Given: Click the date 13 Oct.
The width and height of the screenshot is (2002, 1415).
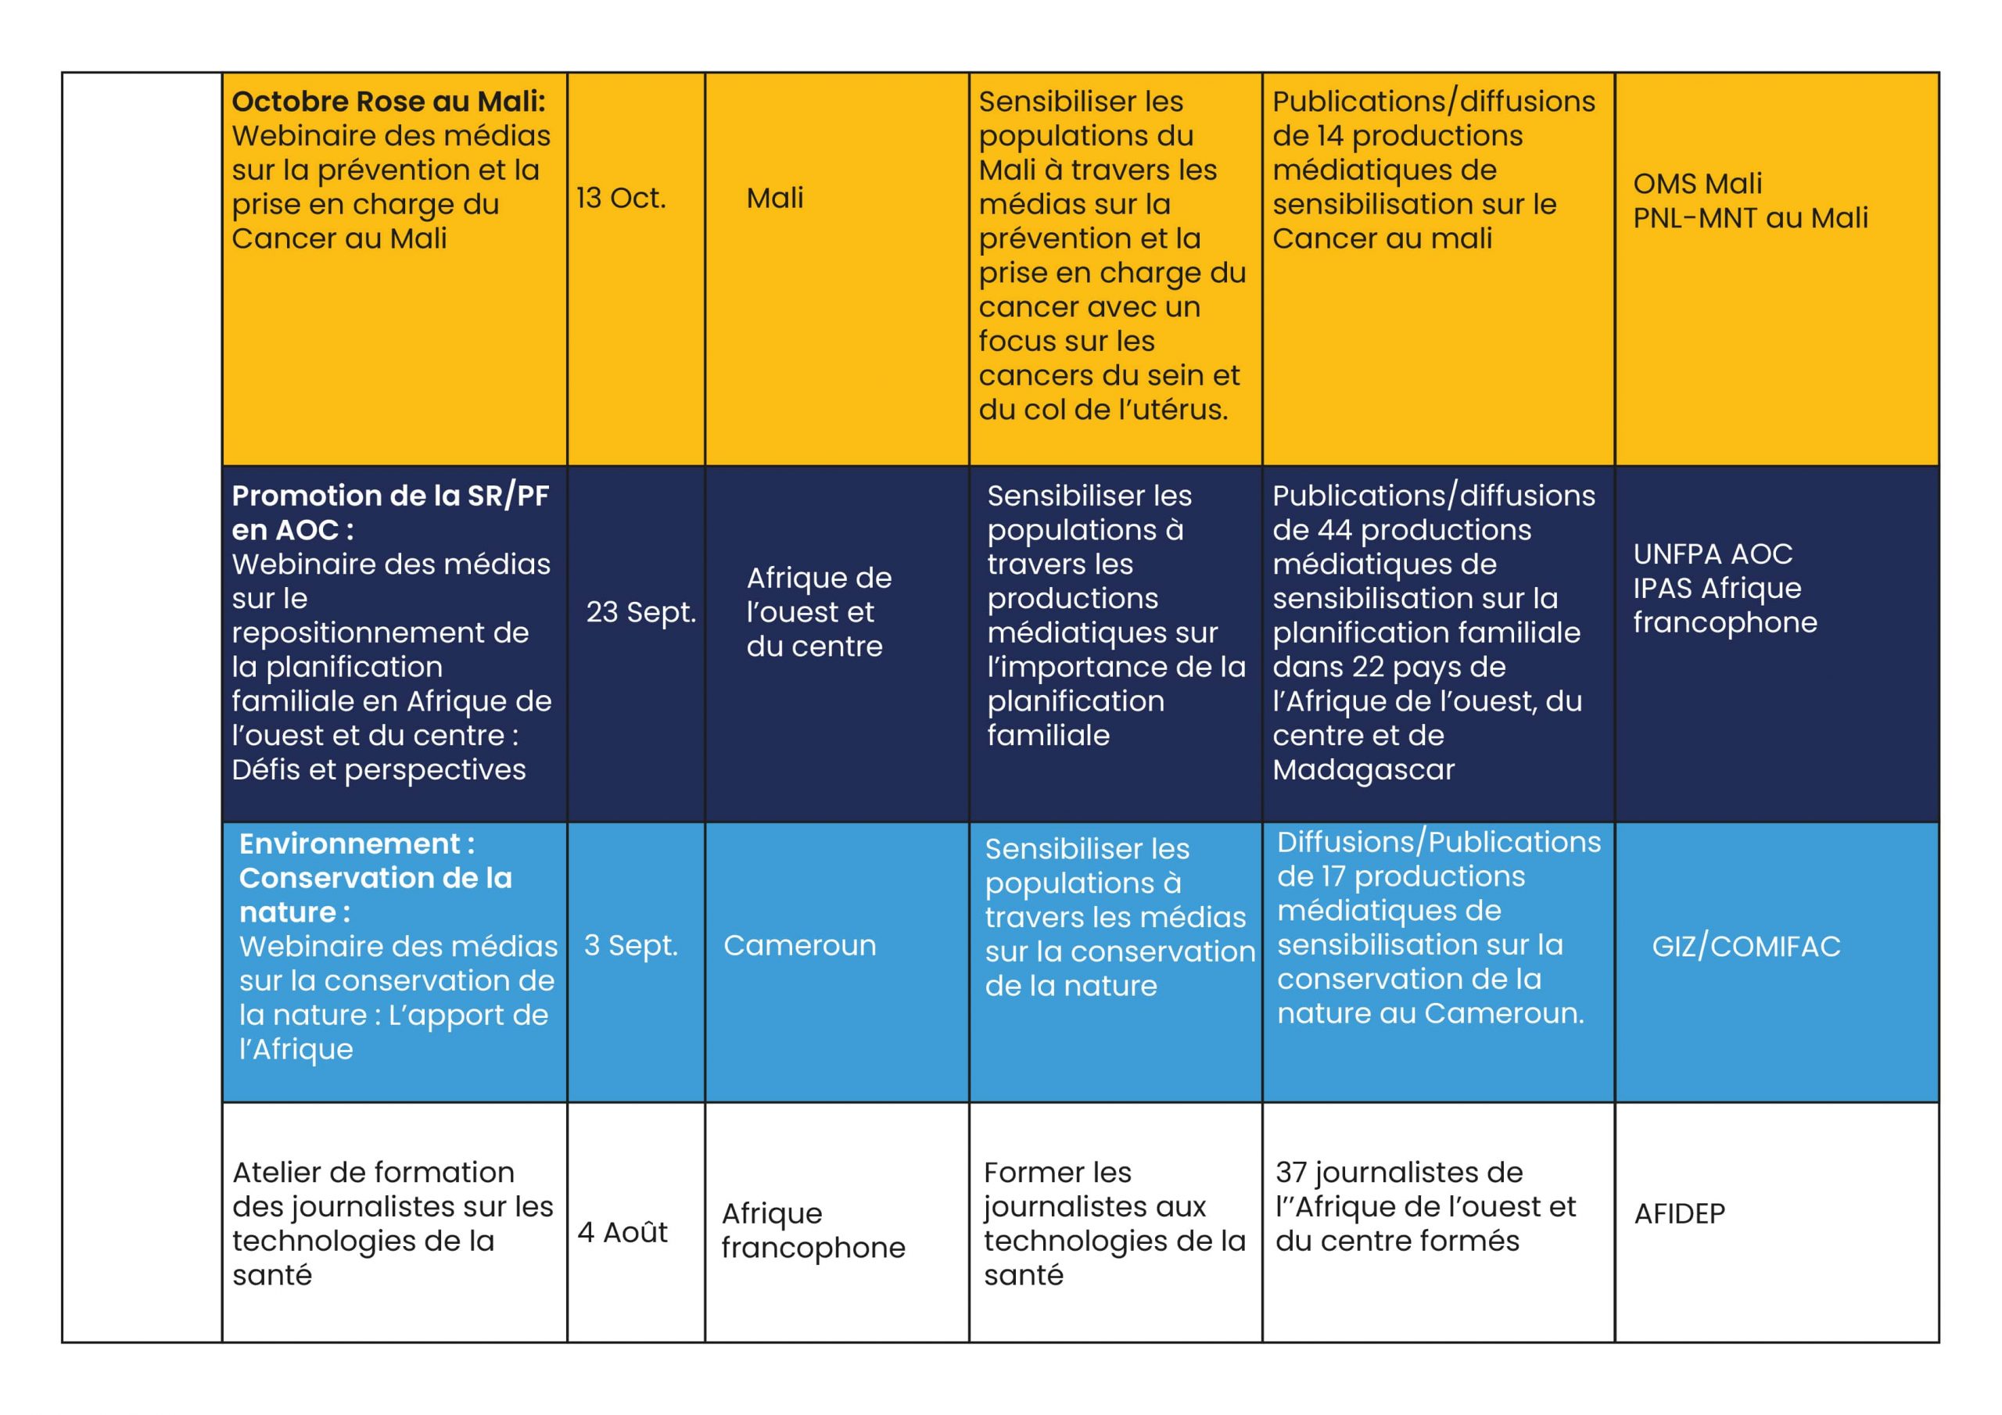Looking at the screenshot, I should tap(620, 199).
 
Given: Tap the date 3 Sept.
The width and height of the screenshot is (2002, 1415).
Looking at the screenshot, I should tap(630, 945).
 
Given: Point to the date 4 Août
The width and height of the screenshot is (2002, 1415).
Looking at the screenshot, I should tap(622, 1232).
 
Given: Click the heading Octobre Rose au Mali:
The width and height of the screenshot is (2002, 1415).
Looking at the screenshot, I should tap(388, 101).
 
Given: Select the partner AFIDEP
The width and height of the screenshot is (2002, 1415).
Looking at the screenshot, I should tap(1678, 1213).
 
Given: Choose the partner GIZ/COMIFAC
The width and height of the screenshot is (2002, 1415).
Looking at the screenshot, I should tap(1745, 946).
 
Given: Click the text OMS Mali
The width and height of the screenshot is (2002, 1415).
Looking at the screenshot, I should tap(1697, 183).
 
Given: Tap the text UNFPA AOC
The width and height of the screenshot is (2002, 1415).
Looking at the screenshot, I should tap(1713, 553).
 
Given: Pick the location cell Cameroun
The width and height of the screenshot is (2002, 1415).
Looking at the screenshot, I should tap(798, 945).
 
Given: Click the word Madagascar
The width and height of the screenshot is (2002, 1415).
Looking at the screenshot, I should tap(1363, 770).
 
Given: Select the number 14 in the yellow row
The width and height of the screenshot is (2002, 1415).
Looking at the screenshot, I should tap(1329, 136).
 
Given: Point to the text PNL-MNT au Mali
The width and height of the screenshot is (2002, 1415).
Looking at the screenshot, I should tap(1750, 218).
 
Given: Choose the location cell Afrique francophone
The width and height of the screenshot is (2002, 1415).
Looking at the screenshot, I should tap(813, 1231).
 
